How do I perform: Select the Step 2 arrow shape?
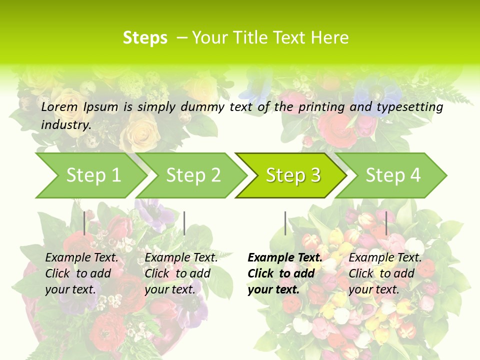click(193, 175)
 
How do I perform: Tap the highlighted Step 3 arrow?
click(293, 175)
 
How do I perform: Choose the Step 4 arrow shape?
click(393, 175)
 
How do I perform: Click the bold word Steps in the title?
click(145, 37)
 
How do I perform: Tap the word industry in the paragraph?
click(66, 124)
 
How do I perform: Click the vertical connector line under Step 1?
click(84, 223)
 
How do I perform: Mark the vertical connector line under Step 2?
click(184, 223)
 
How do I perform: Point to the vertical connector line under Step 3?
click(285, 223)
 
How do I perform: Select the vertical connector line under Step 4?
click(386, 223)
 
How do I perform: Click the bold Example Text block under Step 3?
click(285, 273)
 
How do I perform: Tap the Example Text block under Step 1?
click(81, 273)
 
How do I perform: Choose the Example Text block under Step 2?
click(181, 273)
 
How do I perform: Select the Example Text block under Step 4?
click(385, 273)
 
